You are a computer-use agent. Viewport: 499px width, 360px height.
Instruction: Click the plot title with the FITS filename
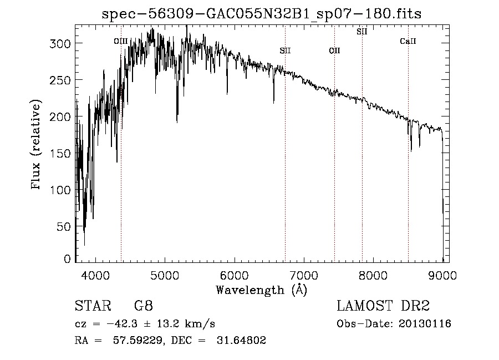(x=262, y=14)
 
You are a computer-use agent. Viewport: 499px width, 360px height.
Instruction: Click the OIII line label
(x=120, y=40)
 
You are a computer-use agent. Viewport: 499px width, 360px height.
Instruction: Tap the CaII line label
(x=408, y=41)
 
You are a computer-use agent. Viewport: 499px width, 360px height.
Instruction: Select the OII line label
(x=334, y=50)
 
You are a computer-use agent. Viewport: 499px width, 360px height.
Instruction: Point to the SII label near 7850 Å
(x=362, y=32)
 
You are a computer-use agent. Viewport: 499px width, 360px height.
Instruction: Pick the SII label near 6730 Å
(x=285, y=50)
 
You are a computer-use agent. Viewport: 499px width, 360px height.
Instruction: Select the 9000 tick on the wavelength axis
(x=442, y=274)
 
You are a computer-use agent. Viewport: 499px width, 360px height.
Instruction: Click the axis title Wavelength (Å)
(x=261, y=290)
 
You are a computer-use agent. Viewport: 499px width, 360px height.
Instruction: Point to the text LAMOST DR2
(x=384, y=306)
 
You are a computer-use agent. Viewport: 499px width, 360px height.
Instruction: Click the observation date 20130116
(x=424, y=324)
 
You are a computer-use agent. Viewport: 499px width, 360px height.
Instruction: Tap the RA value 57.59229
(x=131, y=341)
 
